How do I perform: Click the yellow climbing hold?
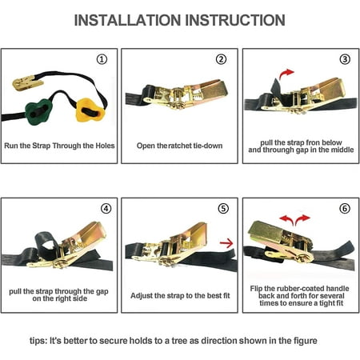(90, 110)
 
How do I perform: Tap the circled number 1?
(102, 59)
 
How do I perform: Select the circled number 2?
(221, 59)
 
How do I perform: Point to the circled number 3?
(345, 59)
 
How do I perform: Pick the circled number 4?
(106, 209)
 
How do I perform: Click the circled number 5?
(223, 209)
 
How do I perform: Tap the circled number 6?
(345, 209)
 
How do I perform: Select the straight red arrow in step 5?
(226, 243)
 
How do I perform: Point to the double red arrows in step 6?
(294, 220)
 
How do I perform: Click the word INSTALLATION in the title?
(127, 20)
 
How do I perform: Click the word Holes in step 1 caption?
(105, 146)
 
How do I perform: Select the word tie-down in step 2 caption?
(208, 146)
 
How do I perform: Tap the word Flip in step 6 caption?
(256, 289)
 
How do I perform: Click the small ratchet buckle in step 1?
(27, 82)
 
